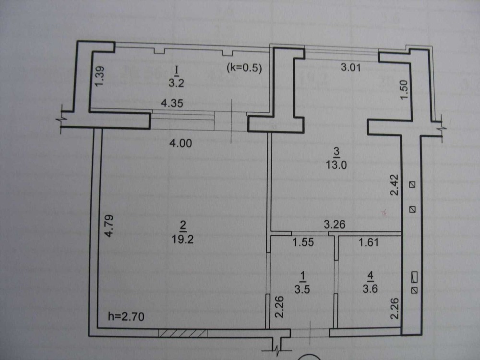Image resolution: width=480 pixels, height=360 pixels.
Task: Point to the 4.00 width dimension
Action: click(183, 143)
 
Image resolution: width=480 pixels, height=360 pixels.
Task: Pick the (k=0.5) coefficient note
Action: click(244, 68)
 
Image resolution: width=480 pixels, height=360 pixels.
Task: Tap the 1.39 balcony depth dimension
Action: click(99, 76)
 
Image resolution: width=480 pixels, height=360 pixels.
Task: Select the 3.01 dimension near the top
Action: click(350, 68)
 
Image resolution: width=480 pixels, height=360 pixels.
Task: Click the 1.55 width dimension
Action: click(303, 242)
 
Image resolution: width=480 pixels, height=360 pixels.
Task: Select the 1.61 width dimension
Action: click(369, 242)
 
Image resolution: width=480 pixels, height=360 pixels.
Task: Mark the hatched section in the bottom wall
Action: click(183, 332)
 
